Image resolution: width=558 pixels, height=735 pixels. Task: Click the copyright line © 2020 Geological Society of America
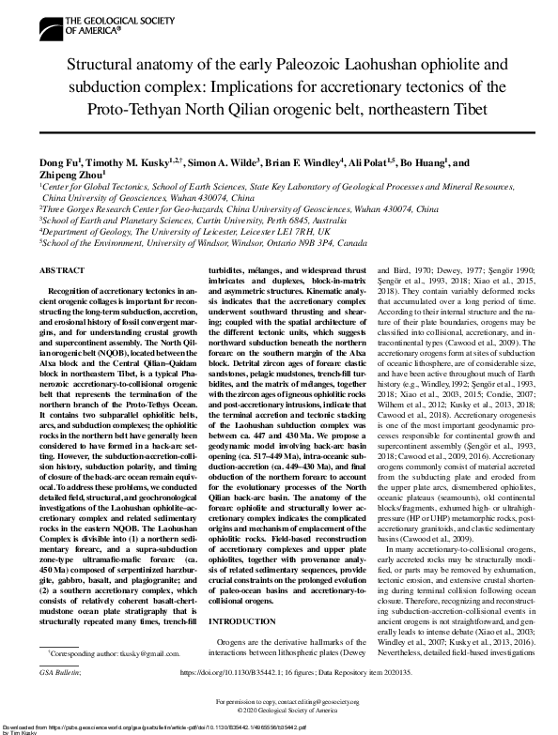(x=279, y=712)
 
